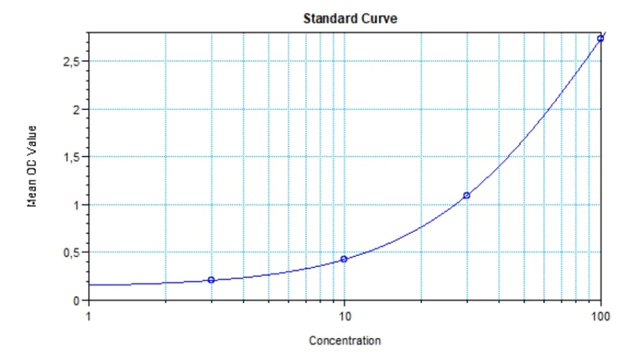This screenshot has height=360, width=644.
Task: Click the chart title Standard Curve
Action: point(344,17)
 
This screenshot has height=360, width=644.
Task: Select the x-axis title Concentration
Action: point(345,341)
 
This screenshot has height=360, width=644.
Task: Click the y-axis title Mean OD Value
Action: point(31,166)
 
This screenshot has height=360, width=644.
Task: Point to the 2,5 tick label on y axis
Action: point(71,62)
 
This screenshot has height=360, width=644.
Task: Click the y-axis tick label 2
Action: point(75,110)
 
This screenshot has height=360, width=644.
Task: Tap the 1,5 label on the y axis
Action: point(71,158)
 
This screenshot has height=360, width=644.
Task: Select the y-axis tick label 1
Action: point(75,206)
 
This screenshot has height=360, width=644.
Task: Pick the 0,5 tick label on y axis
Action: point(71,253)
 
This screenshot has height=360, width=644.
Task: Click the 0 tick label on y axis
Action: point(75,300)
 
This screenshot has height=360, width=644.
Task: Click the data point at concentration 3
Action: point(211,279)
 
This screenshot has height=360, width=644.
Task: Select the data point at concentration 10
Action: point(344,259)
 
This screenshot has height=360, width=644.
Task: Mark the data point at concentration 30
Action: point(466,196)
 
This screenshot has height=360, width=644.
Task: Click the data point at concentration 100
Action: point(600,39)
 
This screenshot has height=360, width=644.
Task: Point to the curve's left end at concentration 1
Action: point(89,284)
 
